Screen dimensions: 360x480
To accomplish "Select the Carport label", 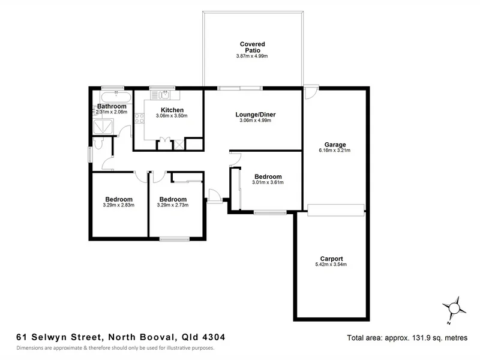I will coord(331,259).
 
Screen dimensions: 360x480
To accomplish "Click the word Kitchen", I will coord(172,110).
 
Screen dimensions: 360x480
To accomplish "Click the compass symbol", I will coord(454,308).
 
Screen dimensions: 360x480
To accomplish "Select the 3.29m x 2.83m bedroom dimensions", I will coord(119,205).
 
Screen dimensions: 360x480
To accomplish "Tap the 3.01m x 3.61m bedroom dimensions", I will coord(268,182).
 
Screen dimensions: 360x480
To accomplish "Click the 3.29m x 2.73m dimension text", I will coord(173,205).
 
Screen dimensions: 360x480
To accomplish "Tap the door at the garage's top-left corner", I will coord(310,94).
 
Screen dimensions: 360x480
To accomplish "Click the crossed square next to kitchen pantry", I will coord(179,144).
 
